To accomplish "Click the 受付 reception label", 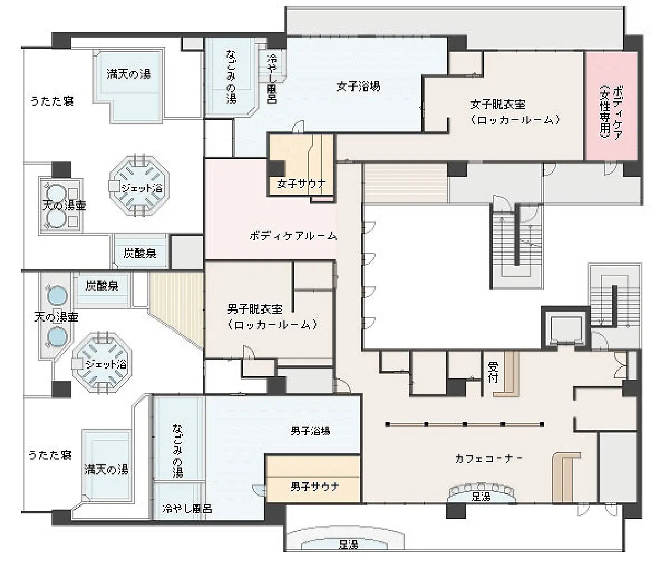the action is pyautogui.click(x=493, y=372).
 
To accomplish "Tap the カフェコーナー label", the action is pyautogui.click(x=488, y=459).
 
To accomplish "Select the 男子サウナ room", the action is pyautogui.click(x=313, y=479).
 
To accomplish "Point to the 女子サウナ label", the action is pyautogui.click(x=301, y=183).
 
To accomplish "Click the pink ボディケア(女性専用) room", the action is pyautogui.click(x=612, y=106).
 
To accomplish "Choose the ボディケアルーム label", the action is pyautogui.click(x=293, y=236).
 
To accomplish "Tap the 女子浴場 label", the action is pyautogui.click(x=358, y=87).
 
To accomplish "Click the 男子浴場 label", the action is pyautogui.click(x=311, y=431).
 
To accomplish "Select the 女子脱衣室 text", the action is pyautogui.click(x=498, y=104).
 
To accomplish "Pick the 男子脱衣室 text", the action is pyautogui.click(x=255, y=309).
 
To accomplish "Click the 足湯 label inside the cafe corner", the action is pyautogui.click(x=481, y=497).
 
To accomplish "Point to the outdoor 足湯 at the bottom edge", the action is pyautogui.click(x=348, y=544).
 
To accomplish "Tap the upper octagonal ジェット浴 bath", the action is pyautogui.click(x=139, y=185).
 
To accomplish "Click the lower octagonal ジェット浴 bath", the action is pyautogui.click(x=102, y=362).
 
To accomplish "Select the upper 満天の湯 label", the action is pyautogui.click(x=129, y=74).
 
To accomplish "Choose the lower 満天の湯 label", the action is pyautogui.click(x=106, y=470).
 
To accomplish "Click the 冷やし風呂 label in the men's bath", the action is pyautogui.click(x=187, y=509).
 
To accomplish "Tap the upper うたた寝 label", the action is pyautogui.click(x=52, y=100).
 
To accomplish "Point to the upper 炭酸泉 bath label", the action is pyautogui.click(x=140, y=253).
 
